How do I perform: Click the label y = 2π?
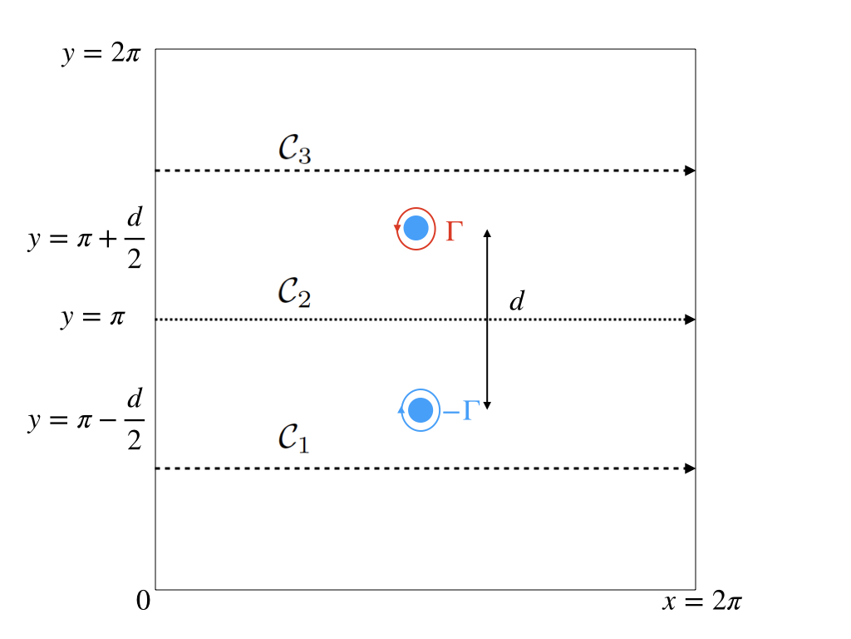point(102,56)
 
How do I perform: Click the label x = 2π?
point(702,602)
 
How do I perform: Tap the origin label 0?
point(143,601)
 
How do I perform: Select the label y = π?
point(92,319)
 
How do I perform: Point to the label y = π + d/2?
point(86,240)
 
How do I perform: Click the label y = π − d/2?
point(86,421)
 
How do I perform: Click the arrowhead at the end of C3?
point(690,171)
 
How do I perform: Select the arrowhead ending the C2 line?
point(690,319)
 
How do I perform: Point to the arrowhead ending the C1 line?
point(690,468)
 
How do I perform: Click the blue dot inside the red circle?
point(416,228)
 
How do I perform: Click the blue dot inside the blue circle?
point(421,409)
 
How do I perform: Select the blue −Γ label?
point(462,410)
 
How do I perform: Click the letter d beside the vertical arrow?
point(517,301)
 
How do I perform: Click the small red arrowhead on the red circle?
point(397,229)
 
